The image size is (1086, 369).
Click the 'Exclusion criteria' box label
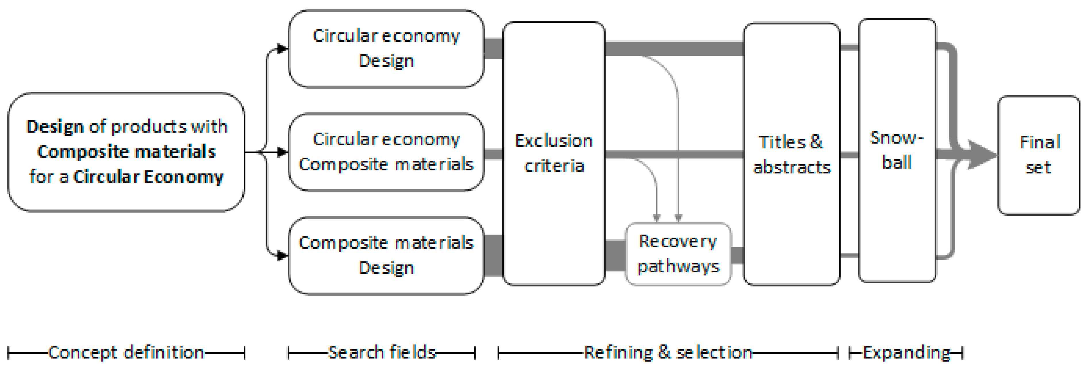(553, 153)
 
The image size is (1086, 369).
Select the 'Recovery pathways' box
(678, 254)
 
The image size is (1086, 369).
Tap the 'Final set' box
(1039, 155)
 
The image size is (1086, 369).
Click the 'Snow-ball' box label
(897, 150)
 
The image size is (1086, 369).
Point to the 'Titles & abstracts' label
(791, 155)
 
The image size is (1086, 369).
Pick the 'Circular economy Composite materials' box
(386, 152)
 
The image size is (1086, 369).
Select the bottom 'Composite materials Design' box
(386, 255)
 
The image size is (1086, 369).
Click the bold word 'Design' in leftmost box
(55, 127)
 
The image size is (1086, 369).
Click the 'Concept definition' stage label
(126, 352)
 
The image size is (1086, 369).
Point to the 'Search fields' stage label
(382, 352)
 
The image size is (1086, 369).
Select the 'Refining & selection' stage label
(668, 352)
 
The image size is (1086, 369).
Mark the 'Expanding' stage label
(906, 352)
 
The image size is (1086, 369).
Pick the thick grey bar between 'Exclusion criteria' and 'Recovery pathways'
(615, 255)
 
